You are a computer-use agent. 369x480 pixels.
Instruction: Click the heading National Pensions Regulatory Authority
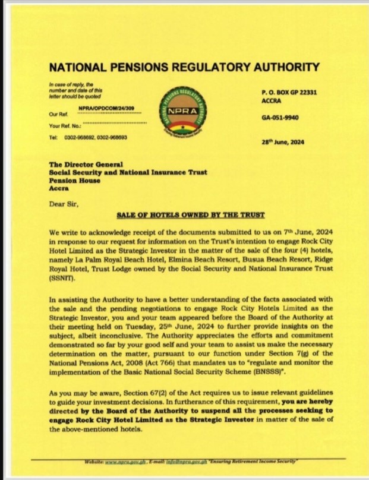(x=184, y=67)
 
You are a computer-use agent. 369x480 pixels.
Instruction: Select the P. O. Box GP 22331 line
(x=289, y=93)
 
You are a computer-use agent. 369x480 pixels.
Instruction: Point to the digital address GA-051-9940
(x=280, y=118)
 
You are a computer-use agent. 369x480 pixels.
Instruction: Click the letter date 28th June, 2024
(x=282, y=141)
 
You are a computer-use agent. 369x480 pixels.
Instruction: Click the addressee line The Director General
(x=86, y=164)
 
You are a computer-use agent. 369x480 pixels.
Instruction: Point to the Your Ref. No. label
(x=64, y=126)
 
